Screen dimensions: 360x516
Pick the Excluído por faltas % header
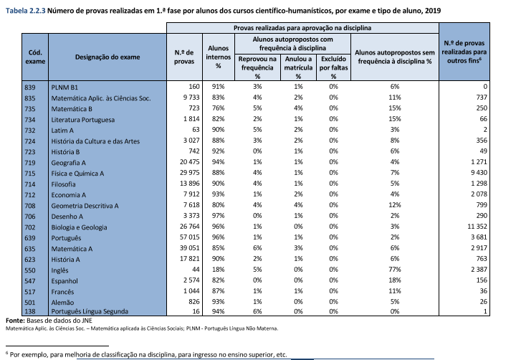pos(333,65)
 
